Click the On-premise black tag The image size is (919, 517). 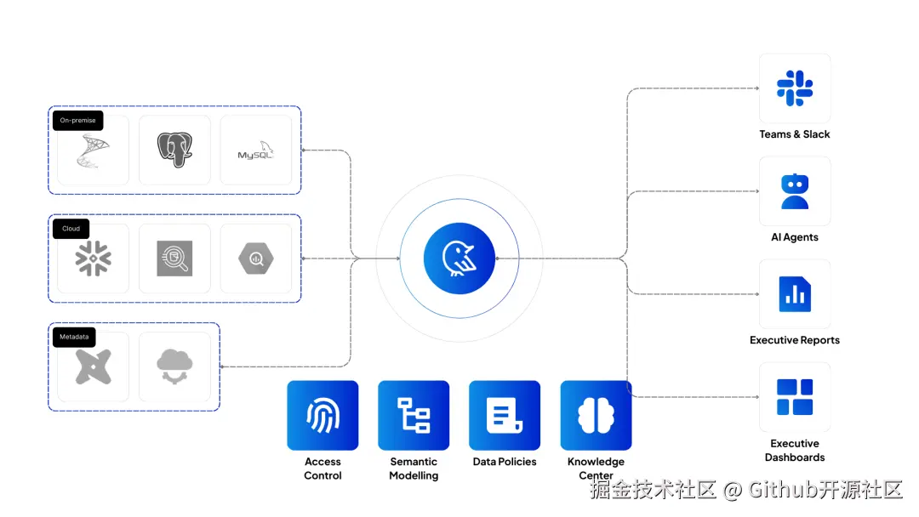point(77,121)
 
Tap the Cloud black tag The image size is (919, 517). point(71,229)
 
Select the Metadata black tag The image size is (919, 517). point(73,337)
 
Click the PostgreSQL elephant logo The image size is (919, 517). point(174,151)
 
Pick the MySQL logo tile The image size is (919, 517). point(256,151)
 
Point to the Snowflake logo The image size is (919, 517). point(94,258)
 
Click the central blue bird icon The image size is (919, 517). point(459,258)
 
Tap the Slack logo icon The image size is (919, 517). point(795,88)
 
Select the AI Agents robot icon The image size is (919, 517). point(795,191)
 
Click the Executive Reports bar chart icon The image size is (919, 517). point(795,294)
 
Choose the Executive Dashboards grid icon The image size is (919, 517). point(795,397)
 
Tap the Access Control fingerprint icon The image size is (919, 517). point(323,415)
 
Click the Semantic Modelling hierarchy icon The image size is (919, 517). point(414,415)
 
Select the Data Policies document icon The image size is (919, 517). point(505,415)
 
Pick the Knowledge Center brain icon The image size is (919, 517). point(596,415)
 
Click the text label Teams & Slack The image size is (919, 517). point(795,134)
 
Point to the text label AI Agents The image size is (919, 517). point(795,237)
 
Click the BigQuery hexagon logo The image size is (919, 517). point(256,258)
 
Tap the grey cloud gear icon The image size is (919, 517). point(174,366)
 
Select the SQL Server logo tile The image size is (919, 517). point(94,151)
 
